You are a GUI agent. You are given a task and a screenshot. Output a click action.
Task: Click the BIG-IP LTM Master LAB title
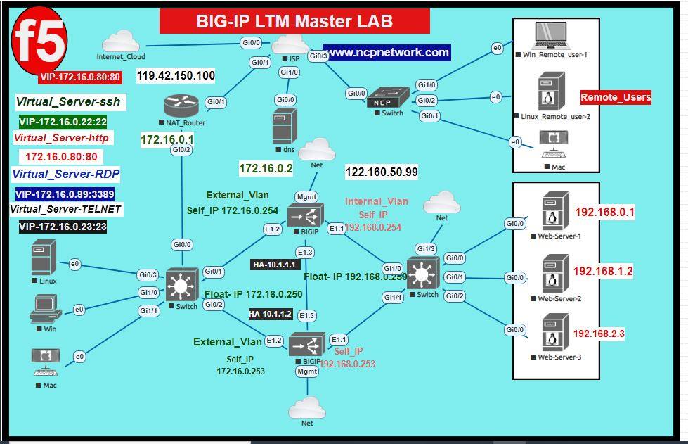pyautogui.click(x=294, y=22)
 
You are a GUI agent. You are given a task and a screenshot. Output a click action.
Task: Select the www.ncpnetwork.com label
pyautogui.click(x=388, y=53)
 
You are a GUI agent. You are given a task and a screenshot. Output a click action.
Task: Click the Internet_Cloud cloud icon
pyautogui.click(x=120, y=42)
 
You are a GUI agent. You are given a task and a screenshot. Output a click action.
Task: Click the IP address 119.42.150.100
pyautogui.click(x=176, y=75)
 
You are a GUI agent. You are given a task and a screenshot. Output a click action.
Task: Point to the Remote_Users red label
pyautogui.click(x=616, y=97)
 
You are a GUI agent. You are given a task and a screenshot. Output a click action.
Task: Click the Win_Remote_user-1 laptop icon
pyautogui.click(x=550, y=35)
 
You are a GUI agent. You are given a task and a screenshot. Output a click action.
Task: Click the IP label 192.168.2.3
pyautogui.click(x=599, y=334)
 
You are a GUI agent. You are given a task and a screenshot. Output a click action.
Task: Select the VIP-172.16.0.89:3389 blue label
pyautogui.click(x=65, y=194)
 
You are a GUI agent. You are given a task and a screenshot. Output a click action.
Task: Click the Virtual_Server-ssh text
pyautogui.click(x=67, y=102)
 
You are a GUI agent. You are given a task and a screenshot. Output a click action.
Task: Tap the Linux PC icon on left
pyautogui.click(x=43, y=258)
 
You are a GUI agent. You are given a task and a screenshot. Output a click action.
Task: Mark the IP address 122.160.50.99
pyautogui.click(x=382, y=172)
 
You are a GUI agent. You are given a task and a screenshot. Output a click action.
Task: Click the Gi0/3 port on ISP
pyautogui.click(x=318, y=56)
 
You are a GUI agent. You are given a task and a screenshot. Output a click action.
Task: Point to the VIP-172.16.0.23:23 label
pyautogui.click(x=63, y=227)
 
